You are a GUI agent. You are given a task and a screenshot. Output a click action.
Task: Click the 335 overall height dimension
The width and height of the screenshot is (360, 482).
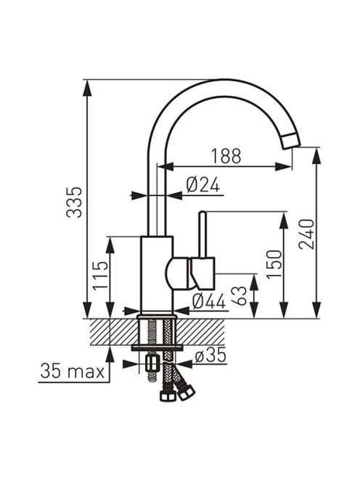(x=75, y=202)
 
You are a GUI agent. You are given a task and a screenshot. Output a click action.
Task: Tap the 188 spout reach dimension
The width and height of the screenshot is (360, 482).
(x=226, y=156)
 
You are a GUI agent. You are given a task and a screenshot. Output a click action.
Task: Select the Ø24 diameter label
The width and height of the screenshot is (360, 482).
(x=203, y=185)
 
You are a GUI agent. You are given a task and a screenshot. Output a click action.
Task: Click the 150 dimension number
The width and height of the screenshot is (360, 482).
(x=274, y=264)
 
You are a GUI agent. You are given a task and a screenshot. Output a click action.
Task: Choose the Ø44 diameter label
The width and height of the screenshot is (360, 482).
(x=209, y=301)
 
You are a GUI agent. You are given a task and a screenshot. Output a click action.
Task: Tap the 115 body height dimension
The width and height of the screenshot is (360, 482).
(x=101, y=275)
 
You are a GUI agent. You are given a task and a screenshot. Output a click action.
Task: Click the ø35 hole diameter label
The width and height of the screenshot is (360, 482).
(x=210, y=356)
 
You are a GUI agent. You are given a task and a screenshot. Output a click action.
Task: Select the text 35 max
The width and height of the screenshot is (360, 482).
(x=73, y=371)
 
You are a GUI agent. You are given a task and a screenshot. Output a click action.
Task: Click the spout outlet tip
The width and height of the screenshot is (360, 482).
(x=290, y=142)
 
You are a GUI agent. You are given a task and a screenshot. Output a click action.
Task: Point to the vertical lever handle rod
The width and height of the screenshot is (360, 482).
(x=202, y=234)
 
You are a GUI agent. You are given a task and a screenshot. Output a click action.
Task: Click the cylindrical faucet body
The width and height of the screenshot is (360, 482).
(x=157, y=274)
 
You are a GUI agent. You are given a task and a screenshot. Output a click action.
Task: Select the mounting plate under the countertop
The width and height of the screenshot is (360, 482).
(x=157, y=348)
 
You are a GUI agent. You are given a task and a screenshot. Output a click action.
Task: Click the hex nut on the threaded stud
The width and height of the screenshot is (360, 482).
(x=151, y=364)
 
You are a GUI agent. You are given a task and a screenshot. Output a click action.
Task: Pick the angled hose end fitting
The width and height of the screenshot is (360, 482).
(x=187, y=391)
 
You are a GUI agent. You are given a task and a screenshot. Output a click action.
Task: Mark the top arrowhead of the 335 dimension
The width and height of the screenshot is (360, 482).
(x=88, y=89)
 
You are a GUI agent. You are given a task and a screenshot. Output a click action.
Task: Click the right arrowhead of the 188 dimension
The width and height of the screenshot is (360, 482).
(x=284, y=167)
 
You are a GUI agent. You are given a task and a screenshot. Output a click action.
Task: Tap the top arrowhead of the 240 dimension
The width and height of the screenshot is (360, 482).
(x=316, y=156)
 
